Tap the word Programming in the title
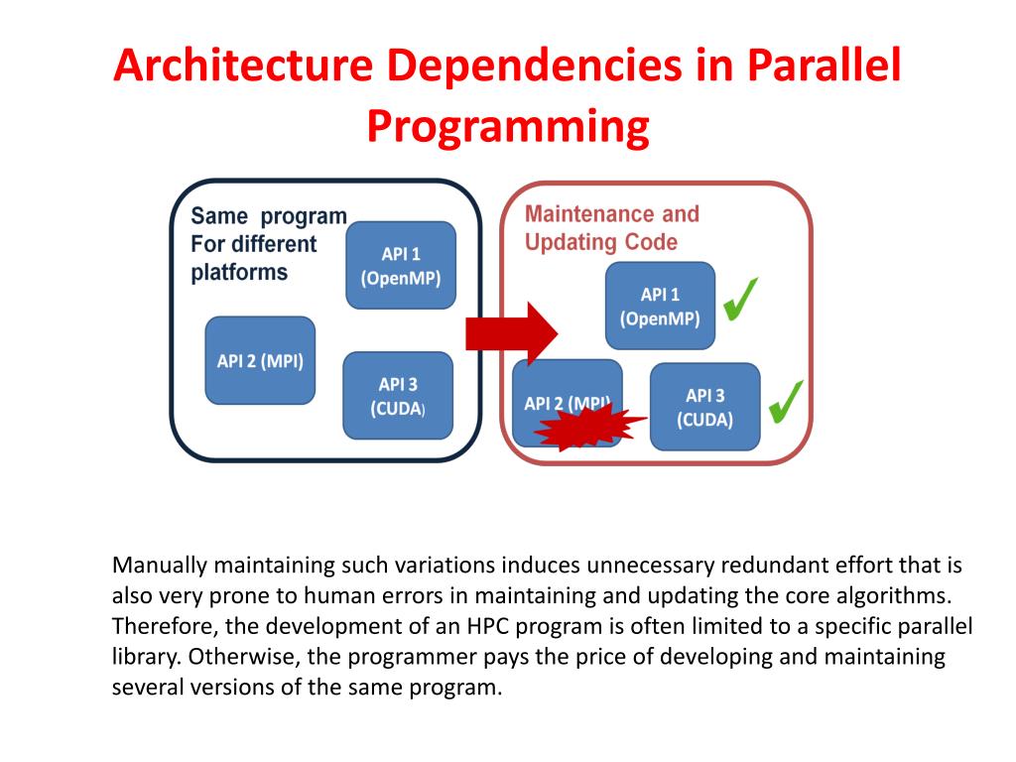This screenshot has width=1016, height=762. (508, 127)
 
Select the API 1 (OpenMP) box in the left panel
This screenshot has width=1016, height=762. (401, 265)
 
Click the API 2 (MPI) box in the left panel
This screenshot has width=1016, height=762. (260, 360)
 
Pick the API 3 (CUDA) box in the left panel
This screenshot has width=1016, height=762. (398, 395)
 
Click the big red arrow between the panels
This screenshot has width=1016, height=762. (512, 332)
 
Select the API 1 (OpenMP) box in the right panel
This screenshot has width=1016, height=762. (660, 306)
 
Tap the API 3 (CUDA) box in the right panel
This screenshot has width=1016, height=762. (704, 407)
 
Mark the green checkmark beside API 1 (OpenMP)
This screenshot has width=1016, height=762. (740, 300)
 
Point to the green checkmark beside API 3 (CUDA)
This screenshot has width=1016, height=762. (785, 400)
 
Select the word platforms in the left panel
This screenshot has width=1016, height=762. (239, 273)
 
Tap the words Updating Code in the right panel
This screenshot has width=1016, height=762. (601, 242)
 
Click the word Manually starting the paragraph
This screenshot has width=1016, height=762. (160, 567)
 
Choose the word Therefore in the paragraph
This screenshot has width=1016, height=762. (159, 627)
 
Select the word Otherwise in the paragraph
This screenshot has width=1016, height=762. (230, 657)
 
